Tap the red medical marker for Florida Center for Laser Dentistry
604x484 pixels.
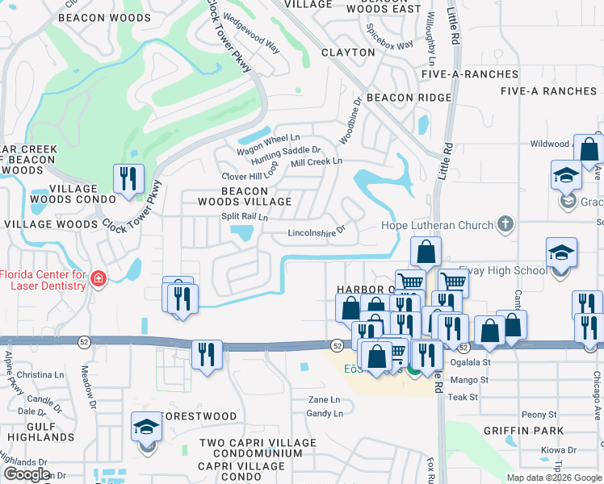[x=99, y=279]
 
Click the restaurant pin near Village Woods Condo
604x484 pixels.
[x=128, y=179]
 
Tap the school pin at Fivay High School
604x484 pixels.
[x=561, y=253]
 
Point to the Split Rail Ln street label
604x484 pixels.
[x=245, y=217]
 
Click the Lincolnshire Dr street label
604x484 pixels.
[x=317, y=232]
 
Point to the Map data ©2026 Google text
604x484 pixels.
[x=553, y=478]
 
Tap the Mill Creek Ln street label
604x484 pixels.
[x=317, y=161]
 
